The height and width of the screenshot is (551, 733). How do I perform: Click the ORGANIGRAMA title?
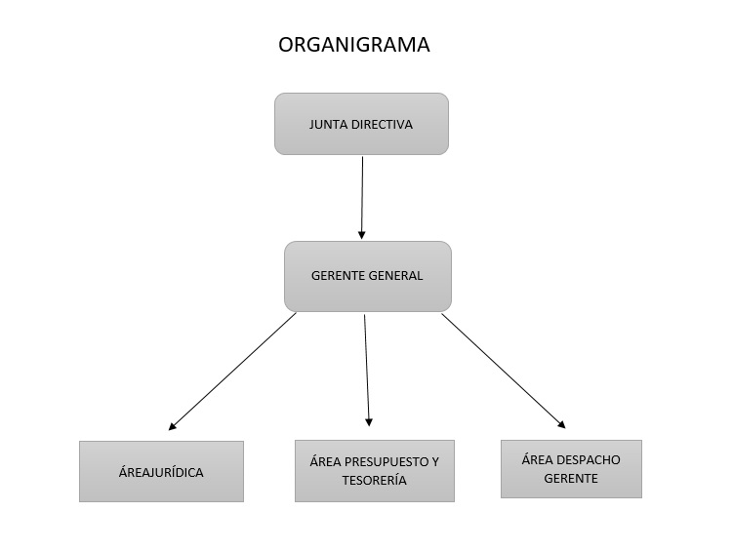[x=353, y=45]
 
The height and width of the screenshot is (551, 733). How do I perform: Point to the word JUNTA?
[x=328, y=125]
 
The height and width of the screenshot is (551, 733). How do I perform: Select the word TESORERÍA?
[x=375, y=481]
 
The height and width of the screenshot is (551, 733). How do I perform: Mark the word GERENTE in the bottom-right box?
[x=571, y=479]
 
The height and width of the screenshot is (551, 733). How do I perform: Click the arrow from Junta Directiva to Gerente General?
[x=362, y=195]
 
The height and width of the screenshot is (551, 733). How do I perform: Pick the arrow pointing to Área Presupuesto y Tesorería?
[x=367, y=369]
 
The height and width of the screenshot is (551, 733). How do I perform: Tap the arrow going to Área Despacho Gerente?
[x=503, y=370]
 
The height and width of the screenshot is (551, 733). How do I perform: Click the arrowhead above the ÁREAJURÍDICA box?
[x=173, y=425]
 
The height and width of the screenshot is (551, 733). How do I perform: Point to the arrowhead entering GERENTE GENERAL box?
[x=362, y=235]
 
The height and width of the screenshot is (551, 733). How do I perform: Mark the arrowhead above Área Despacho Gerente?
[x=561, y=424]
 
